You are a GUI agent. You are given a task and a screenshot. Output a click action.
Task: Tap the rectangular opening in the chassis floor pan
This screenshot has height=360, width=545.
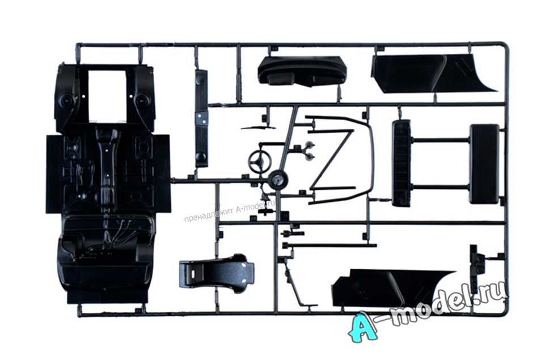(107, 95)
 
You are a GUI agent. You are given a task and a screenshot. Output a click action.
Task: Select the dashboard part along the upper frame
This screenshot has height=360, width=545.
(302, 71)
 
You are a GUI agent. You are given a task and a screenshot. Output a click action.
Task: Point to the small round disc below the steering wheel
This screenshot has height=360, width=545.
(278, 180)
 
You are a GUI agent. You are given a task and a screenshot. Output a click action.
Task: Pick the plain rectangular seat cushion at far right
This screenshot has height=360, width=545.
(484, 164)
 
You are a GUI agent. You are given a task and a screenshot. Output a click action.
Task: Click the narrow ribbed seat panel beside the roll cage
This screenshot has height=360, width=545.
(401, 163)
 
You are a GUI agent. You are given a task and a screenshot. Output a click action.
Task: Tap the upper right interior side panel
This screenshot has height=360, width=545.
(434, 74)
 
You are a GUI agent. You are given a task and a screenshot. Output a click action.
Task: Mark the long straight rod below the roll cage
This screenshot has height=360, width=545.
(330, 245)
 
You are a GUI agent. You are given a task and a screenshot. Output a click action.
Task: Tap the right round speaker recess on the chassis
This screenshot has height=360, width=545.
(141, 100)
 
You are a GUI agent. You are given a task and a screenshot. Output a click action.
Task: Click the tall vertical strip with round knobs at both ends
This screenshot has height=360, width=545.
(201, 118)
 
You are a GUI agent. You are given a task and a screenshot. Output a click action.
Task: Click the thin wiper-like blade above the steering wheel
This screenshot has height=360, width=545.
(258, 128)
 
